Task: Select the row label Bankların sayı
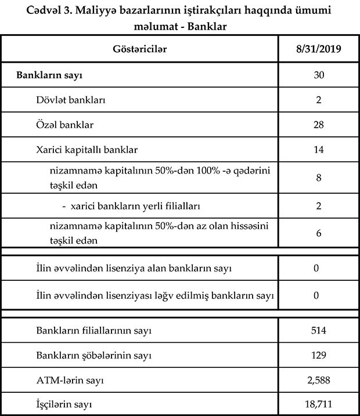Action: click(52, 75)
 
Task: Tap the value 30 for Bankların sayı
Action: click(318, 75)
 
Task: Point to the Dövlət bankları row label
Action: click(70, 100)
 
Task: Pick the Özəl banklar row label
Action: click(64, 125)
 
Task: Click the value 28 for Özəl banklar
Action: click(318, 125)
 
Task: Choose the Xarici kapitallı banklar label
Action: click(87, 150)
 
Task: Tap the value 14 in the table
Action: click(318, 150)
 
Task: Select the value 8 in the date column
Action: click(318, 178)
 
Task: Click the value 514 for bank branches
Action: click(318, 331)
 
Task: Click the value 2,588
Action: click(318, 380)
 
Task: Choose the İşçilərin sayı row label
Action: click(64, 404)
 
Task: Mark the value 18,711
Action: click(318, 404)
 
